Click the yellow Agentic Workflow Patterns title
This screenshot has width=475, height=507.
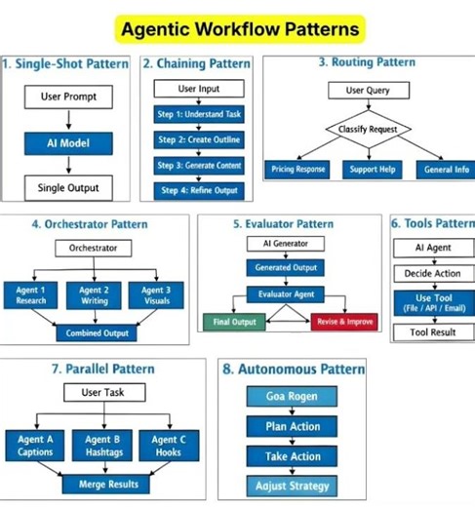click(x=239, y=29)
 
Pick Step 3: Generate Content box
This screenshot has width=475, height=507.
click(x=199, y=166)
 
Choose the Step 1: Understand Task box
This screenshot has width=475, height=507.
click(x=199, y=114)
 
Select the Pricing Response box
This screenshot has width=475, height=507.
click(x=299, y=169)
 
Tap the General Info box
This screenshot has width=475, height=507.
click(x=445, y=169)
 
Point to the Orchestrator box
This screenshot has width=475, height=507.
click(x=93, y=248)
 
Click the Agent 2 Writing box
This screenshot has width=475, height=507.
click(x=94, y=295)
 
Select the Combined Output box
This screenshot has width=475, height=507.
click(x=97, y=333)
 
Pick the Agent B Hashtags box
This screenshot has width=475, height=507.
click(x=102, y=446)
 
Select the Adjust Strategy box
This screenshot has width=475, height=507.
click(x=292, y=486)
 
